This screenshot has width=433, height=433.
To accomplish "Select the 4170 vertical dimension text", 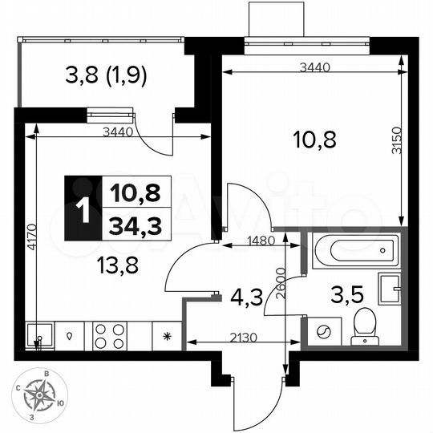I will tap(30, 239).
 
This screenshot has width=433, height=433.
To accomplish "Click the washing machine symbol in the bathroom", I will tap(325, 330).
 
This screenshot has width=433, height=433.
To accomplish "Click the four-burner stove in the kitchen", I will tap(110, 335).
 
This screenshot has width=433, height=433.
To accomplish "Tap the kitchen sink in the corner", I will tap(38, 334).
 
